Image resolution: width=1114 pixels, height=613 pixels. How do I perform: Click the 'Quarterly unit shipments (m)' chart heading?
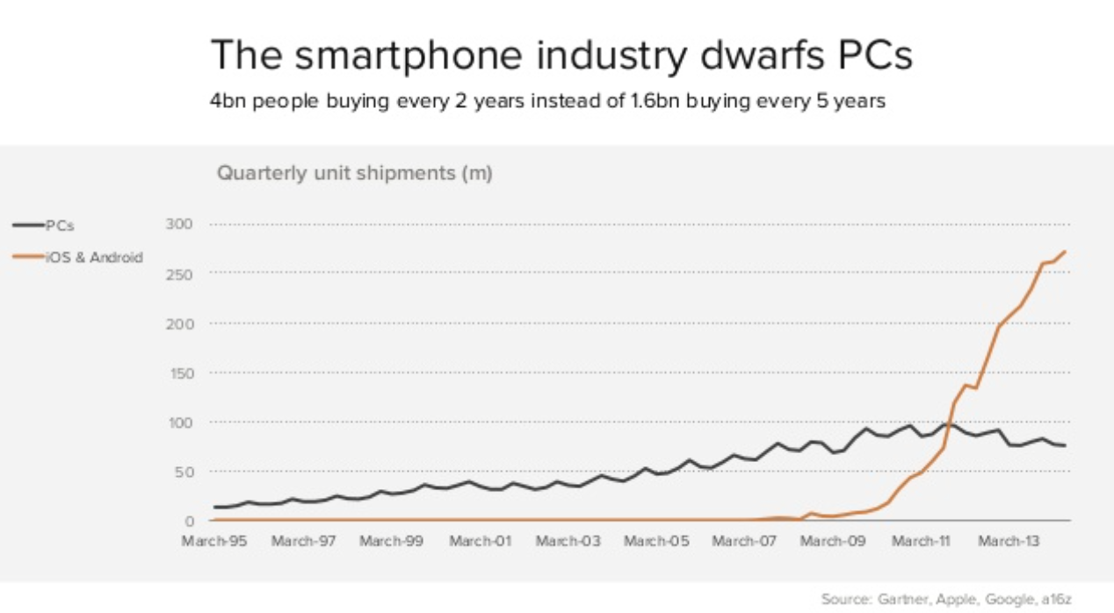tap(354, 173)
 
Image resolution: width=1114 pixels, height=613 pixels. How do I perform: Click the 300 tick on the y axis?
tap(179, 225)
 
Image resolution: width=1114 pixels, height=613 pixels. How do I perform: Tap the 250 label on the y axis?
tap(179, 274)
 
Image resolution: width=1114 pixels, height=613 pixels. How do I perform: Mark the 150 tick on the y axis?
tap(179, 373)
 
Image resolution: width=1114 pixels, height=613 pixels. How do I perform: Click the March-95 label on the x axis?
tap(213, 541)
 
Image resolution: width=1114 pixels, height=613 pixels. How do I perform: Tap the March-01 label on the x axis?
tap(480, 541)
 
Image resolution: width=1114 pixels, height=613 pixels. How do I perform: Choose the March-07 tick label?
tap(745, 541)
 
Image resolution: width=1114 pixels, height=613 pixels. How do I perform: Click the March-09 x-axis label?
tap(834, 541)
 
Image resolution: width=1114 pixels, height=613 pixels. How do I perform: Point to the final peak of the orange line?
tap(1065, 252)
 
